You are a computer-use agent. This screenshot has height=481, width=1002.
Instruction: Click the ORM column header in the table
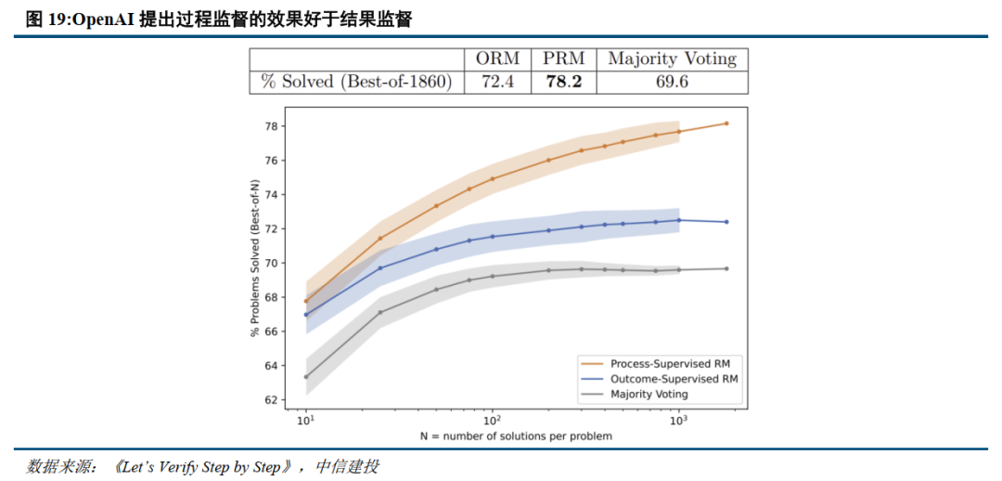pos(497,58)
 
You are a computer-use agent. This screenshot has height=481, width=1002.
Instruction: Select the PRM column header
pos(563,58)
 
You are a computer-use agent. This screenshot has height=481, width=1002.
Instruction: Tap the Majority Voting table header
pos(672,58)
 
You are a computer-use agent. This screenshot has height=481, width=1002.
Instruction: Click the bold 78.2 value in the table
pos(563,82)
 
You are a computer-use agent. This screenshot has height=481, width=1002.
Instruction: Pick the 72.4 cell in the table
pos(497,82)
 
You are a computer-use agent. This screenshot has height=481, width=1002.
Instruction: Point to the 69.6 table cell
pos(672,82)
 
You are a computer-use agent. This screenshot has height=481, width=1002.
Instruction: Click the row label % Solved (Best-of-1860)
pos(356,82)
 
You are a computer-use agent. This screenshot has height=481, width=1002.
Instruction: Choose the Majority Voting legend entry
pos(649,394)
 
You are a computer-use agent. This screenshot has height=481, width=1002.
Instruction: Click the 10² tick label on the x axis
pos(492,421)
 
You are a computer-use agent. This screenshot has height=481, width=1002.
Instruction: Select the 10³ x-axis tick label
pos(678,421)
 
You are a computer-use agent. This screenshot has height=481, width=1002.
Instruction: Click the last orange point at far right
pos(726,123)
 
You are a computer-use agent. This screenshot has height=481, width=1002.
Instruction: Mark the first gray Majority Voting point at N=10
pos(305,377)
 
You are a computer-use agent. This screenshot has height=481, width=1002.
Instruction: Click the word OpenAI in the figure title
pos(103,19)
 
